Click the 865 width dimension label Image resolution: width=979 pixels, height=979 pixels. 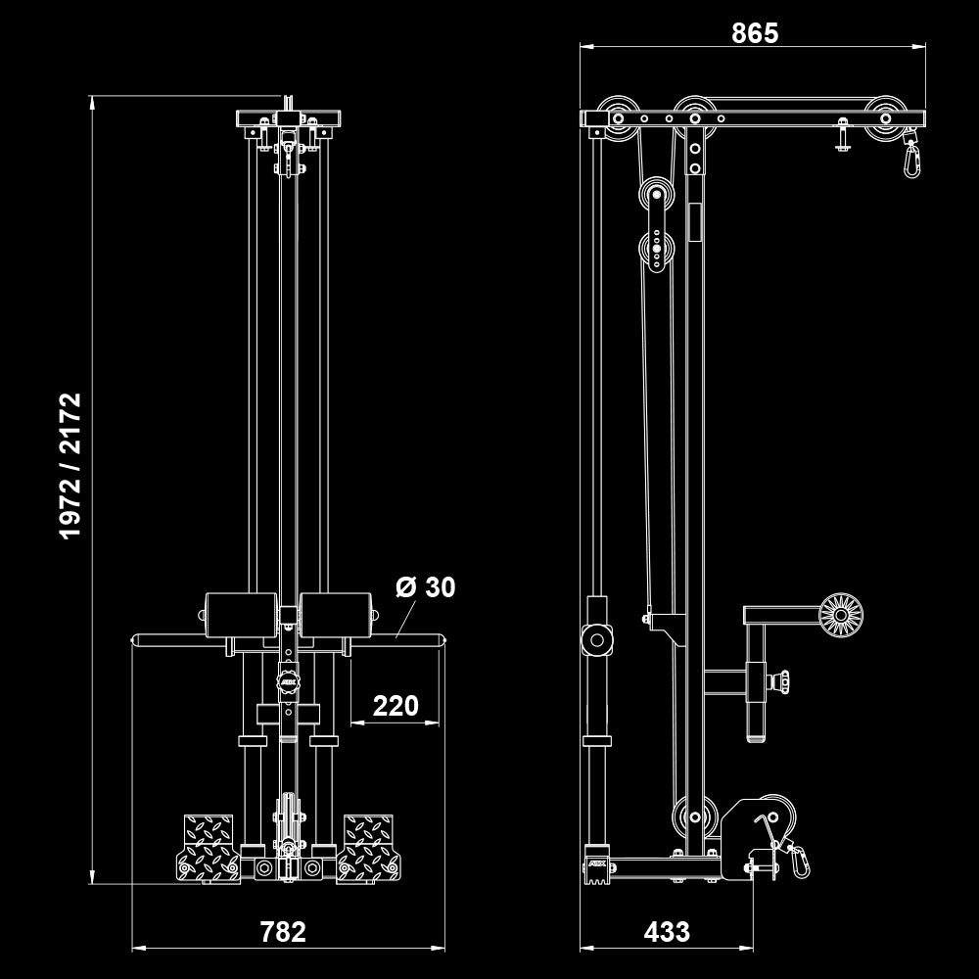[x=755, y=33]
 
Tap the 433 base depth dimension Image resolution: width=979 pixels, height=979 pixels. [x=667, y=932]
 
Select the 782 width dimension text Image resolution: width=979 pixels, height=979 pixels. [x=283, y=932]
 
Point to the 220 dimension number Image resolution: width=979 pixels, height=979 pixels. [x=396, y=706]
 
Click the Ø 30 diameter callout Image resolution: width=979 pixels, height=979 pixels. [x=426, y=587]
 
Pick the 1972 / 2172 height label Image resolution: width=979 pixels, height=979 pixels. [x=70, y=466]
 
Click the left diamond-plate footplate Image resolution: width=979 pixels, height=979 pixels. [x=209, y=848]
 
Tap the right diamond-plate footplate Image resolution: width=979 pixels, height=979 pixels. [x=368, y=848]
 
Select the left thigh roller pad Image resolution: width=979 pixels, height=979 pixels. [x=241, y=615]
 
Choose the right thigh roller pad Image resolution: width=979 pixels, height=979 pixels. [x=336, y=615]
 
